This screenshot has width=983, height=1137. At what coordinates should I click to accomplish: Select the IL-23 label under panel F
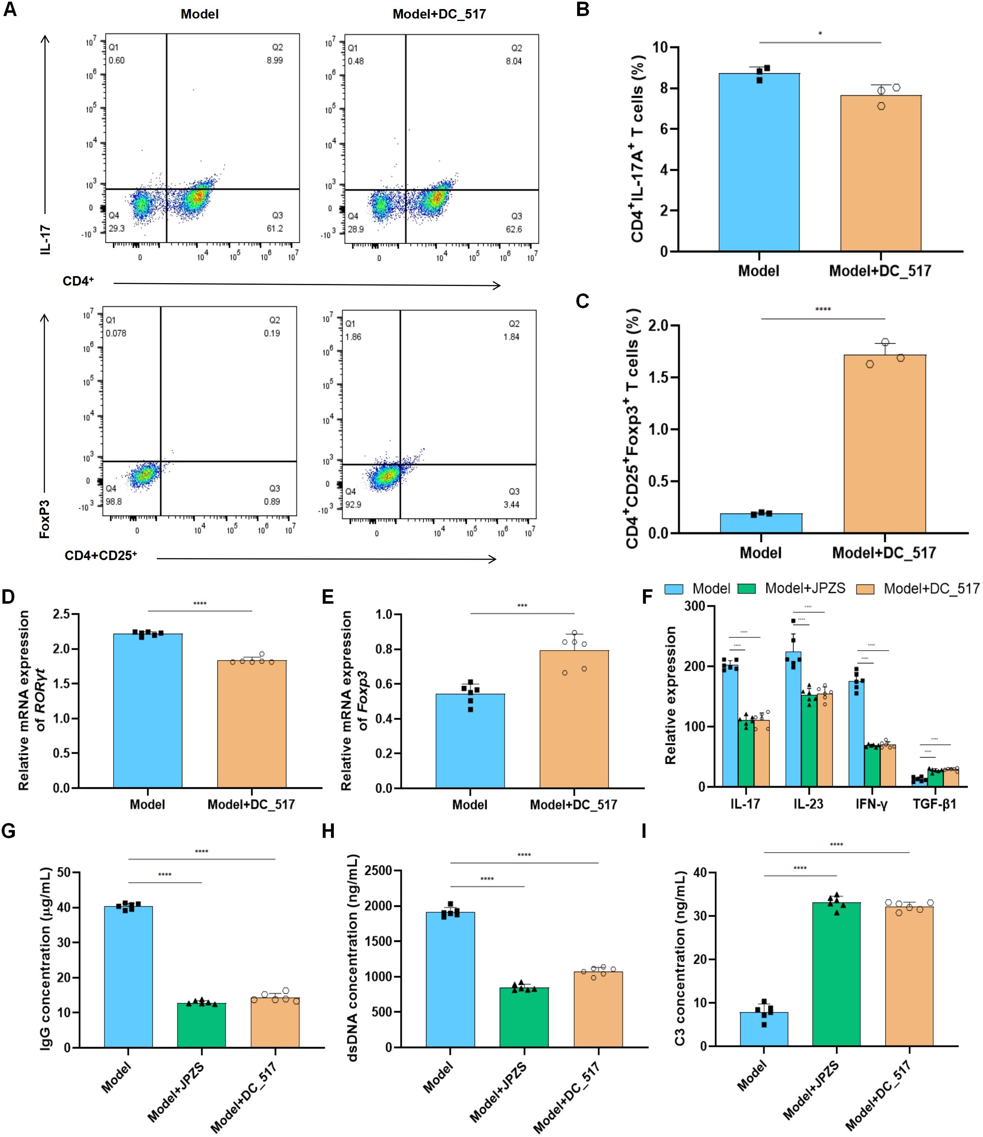(x=808, y=805)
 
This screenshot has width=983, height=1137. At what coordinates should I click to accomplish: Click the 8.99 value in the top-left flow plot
(x=275, y=60)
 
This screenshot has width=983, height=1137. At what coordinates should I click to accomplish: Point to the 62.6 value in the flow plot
(x=514, y=229)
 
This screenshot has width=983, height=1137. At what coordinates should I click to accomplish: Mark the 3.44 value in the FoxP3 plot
(x=512, y=504)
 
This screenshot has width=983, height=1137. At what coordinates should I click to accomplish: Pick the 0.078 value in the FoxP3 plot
(x=116, y=333)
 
